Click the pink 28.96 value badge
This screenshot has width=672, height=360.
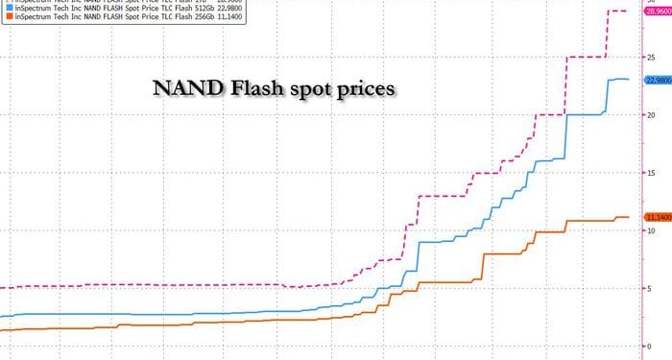coord(658,12)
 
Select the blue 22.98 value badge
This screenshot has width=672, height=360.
coord(658,81)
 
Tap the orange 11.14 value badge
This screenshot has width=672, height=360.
coord(658,217)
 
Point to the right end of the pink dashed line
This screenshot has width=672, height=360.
coord(627,12)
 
